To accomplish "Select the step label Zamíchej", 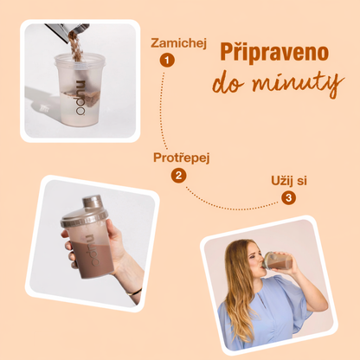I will pyautogui.click(x=178, y=42).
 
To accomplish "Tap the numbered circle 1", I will pyautogui.click(x=166, y=61).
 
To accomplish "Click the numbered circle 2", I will pyautogui.click(x=178, y=176).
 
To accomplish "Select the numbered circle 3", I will pyautogui.click(x=288, y=197).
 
